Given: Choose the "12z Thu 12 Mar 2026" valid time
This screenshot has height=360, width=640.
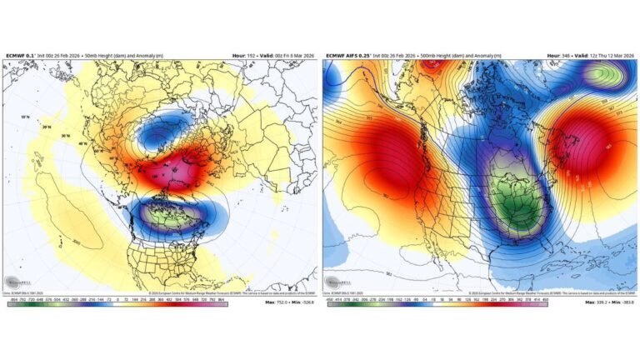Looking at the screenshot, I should (x=604, y=55).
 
